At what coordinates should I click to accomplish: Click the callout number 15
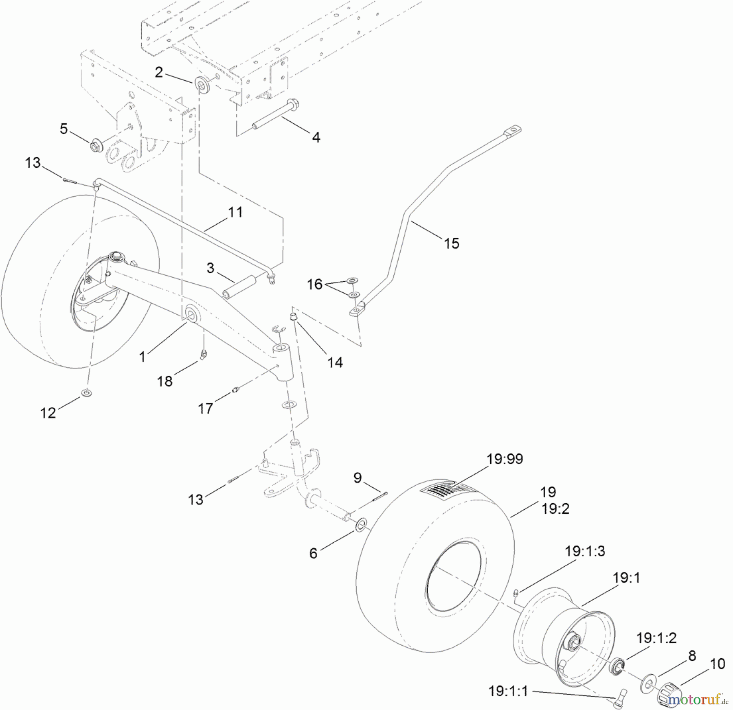(x=451, y=243)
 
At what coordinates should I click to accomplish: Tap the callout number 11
(x=235, y=212)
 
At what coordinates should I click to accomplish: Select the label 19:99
(x=505, y=459)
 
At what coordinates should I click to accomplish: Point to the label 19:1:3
(x=585, y=551)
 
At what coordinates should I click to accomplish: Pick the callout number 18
(x=165, y=381)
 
